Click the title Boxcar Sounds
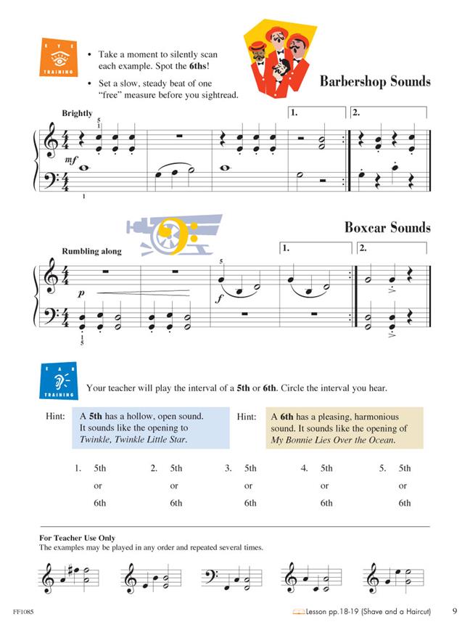387,227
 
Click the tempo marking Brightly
78,113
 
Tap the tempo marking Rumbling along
92,251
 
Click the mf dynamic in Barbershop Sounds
71,159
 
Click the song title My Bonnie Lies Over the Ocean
332,440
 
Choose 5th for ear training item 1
100,469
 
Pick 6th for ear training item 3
250,503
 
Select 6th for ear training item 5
404,503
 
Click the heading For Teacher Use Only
77,538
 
